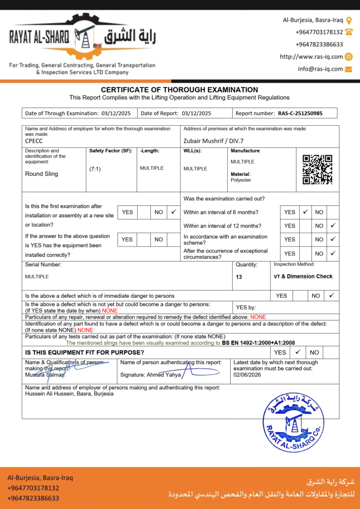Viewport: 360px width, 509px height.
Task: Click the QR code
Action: [x=317, y=170]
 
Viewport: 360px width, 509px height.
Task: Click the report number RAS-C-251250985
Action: [x=300, y=113]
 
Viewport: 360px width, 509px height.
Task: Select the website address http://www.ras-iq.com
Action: [x=311, y=57]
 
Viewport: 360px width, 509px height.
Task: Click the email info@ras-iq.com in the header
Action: [x=320, y=69]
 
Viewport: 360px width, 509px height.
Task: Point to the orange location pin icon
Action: [x=349, y=20]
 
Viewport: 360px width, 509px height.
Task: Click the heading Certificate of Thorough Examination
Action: [x=180, y=89]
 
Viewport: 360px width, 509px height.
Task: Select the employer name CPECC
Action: [x=34, y=141]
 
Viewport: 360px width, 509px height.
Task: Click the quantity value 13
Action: [x=239, y=277]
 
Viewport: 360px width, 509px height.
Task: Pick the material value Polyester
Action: [x=241, y=180]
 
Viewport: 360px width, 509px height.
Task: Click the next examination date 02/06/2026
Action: [x=247, y=375]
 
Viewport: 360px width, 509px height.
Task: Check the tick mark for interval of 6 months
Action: [x=305, y=212]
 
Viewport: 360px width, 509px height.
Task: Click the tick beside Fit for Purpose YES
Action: [x=298, y=352]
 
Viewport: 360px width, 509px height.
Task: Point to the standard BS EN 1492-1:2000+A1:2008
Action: [x=259, y=343]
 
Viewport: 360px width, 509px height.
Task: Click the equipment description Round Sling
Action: [x=42, y=174]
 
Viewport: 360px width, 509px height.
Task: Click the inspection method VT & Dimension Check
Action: [x=303, y=276]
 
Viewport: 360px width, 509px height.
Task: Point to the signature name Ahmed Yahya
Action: [x=163, y=375]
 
